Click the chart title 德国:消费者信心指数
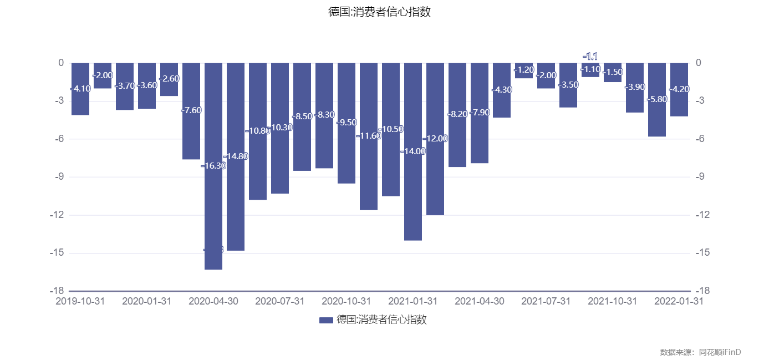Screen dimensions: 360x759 pos(379,12)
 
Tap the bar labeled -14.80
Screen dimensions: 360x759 pos(236,205)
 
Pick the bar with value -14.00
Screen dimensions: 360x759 pos(413,194)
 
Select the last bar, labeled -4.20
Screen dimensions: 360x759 pos(679,103)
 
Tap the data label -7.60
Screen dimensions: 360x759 pos(191,110)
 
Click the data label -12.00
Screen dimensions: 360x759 pos(435,139)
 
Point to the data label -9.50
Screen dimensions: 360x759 pos(347,122)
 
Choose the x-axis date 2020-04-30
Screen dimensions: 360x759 pos(213,301)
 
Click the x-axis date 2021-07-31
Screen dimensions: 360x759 pos(546,301)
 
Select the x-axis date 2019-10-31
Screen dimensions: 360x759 pos(80,301)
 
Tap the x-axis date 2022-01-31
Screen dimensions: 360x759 pos(679,301)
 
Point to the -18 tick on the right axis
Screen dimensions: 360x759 pos(701,291)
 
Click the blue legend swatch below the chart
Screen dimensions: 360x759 pos(327,320)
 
